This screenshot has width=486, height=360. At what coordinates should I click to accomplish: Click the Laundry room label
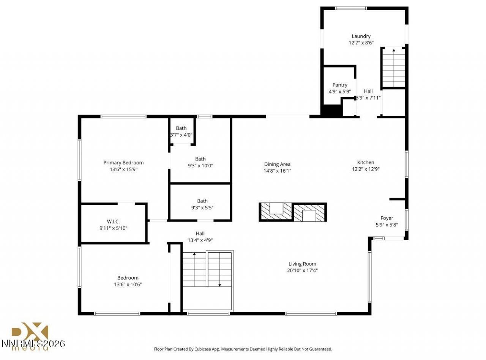coord(361,36)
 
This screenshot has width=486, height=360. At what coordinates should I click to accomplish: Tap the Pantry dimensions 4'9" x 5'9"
coord(339,91)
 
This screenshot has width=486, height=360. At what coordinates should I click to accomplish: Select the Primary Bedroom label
coord(123,163)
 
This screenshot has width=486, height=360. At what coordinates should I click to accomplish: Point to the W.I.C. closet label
coord(114,222)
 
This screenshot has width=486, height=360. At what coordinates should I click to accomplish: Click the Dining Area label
coord(277,164)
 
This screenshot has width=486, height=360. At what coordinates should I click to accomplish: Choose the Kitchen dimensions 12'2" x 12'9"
coord(366,169)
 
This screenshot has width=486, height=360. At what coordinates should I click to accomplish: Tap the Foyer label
coord(387,218)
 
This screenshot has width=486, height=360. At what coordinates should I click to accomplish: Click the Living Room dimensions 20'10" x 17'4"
coord(302,270)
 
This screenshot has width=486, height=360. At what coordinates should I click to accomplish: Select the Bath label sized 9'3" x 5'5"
coord(202,201)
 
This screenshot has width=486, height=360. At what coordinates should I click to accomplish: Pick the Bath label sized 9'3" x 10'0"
coord(200,159)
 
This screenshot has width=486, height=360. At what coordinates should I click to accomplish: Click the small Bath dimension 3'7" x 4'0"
coord(181,135)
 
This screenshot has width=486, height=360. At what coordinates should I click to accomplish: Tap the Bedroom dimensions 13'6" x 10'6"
coord(128,284)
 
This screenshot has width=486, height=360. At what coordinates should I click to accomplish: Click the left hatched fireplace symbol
coord(276,212)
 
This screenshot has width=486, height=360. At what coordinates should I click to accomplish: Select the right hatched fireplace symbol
coord(309,212)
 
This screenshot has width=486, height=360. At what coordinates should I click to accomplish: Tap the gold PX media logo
coord(30,334)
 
